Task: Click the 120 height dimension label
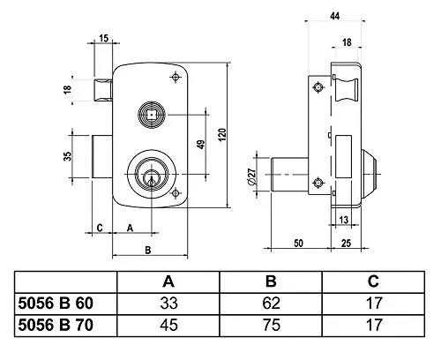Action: (222, 134)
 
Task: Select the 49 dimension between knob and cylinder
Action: (201, 145)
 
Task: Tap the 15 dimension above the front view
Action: (103, 38)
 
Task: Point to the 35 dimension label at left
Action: (68, 156)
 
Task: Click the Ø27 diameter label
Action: (252, 176)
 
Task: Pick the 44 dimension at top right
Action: (335, 16)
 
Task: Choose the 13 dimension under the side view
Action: (344, 220)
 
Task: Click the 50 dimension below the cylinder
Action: (298, 244)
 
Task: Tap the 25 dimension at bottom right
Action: (346, 244)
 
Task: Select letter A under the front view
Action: (130, 228)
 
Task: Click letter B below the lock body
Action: (148, 250)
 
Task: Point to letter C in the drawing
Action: (100, 228)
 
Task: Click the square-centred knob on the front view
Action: (152, 115)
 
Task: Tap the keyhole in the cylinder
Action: (152, 179)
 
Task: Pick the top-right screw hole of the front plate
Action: (176, 77)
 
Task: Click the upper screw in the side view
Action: (318, 87)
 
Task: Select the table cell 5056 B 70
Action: (56, 325)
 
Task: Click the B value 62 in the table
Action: (271, 303)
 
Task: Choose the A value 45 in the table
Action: (169, 325)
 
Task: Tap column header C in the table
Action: (373, 281)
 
